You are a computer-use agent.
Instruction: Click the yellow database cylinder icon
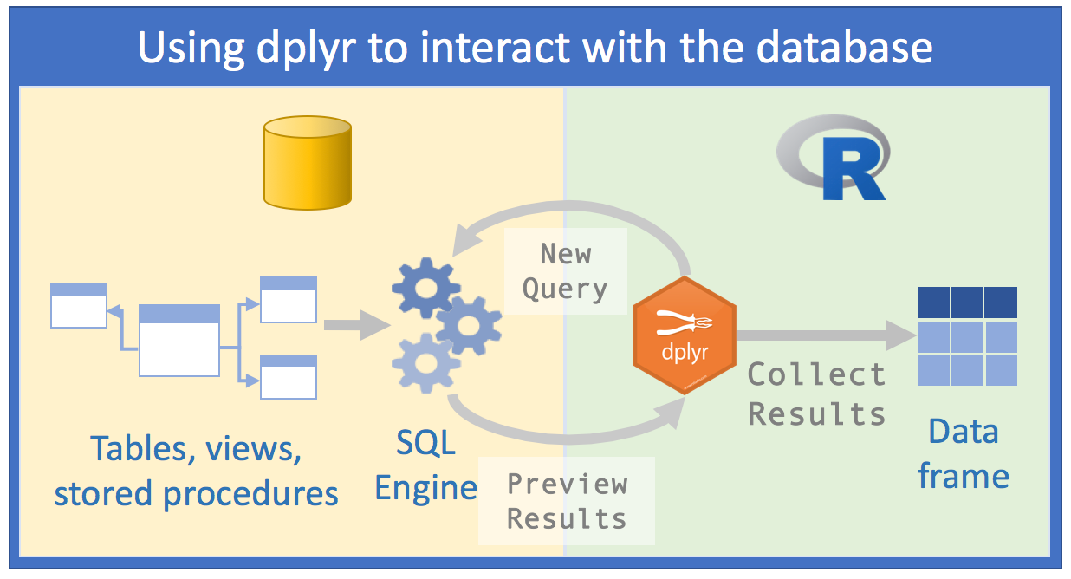coord(308,164)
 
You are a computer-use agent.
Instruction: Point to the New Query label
coord(565,271)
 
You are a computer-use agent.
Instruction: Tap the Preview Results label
coord(567,501)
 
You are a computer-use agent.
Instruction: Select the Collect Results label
coord(816,394)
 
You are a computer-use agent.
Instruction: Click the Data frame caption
coord(964,452)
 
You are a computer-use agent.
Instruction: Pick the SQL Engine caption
coord(425,465)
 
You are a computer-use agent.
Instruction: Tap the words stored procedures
coord(196,494)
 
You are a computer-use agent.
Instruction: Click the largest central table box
coord(179,341)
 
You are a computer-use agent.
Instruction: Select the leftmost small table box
coord(79,305)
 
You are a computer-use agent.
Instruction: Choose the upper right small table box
coord(289,299)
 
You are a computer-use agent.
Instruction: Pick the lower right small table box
coord(289,375)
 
